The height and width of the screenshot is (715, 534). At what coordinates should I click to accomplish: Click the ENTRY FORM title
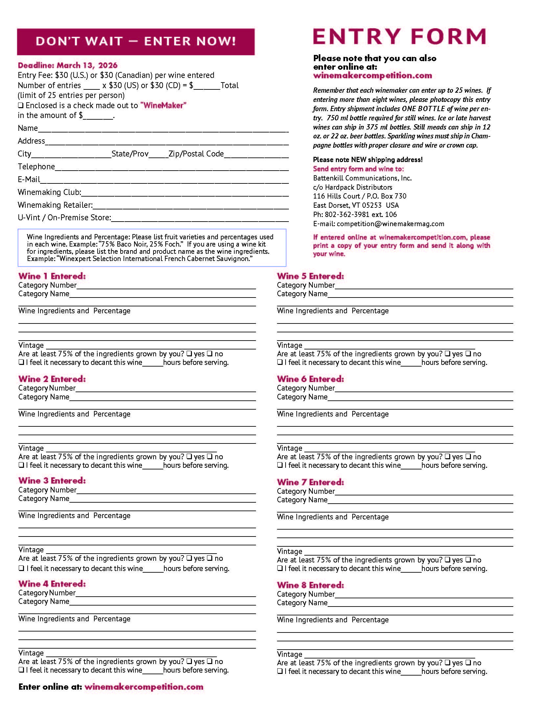[399, 36]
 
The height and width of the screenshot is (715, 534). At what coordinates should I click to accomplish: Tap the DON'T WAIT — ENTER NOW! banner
[136, 41]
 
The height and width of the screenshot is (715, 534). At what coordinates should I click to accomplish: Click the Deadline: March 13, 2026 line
[68, 65]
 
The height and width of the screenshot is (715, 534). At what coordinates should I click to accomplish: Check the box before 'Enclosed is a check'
[21, 106]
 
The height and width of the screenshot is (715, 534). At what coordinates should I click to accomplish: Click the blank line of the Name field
[163, 129]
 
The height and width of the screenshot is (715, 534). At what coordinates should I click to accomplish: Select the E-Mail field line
[164, 180]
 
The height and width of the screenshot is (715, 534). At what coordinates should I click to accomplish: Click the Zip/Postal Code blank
[256, 155]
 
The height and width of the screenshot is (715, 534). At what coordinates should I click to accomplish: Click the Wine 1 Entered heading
[52, 276]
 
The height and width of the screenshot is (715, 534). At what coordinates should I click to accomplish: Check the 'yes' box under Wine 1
[189, 354]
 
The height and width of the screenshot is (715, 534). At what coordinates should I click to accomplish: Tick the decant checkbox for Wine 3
[21, 568]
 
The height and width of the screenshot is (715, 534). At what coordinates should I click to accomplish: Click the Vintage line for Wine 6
[389, 449]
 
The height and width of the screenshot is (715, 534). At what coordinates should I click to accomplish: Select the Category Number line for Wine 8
[424, 595]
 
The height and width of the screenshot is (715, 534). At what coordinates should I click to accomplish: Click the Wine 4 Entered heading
[52, 584]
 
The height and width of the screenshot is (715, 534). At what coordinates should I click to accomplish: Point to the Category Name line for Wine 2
[162, 398]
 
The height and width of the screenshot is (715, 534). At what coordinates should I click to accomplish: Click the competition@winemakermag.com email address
[390, 224]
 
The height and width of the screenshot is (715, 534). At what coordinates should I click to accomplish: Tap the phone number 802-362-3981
[347, 215]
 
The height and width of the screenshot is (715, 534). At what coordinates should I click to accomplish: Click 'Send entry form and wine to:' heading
[358, 169]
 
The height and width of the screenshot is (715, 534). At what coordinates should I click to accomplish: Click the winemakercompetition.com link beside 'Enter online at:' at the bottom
[144, 687]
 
